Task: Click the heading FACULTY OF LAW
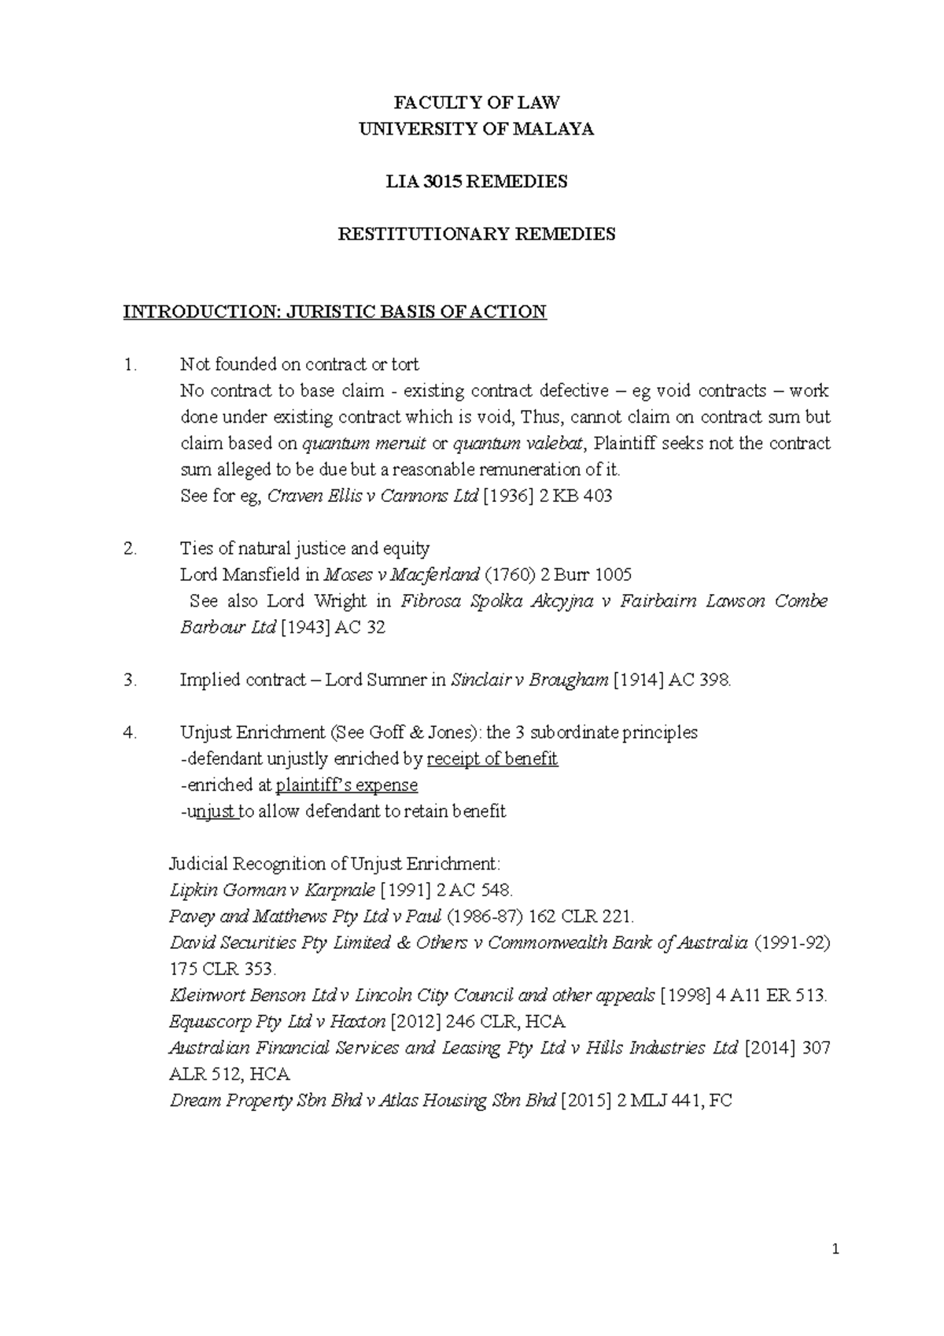tap(477, 102)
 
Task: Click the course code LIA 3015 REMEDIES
tap(477, 182)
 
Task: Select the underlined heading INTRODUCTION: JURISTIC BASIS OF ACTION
tap(334, 312)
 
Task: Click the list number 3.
tap(130, 680)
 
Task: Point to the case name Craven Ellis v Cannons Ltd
tap(374, 496)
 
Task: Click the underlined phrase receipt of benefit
tap(492, 758)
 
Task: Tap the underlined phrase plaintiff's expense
tap(347, 784)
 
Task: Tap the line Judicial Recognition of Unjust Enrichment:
tap(334, 863)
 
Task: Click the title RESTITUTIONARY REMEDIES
tap(477, 234)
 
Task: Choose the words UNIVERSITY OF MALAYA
tap(477, 129)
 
